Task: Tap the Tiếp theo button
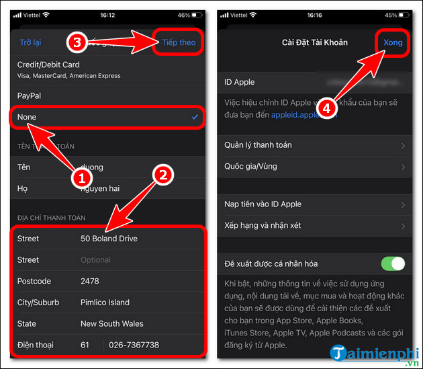click(x=178, y=42)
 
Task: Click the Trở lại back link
click(x=30, y=42)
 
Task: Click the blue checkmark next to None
click(x=195, y=117)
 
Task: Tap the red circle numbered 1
click(x=81, y=179)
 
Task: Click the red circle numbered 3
click(x=77, y=42)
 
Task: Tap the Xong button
click(x=393, y=42)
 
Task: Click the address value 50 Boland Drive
click(x=109, y=239)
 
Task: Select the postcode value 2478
click(x=90, y=281)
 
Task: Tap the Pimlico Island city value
click(x=105, y=302)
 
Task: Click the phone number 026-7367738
click(x=134, y=345)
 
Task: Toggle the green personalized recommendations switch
click(x=393, y=263)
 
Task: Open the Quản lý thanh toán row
click(x=258, y=145)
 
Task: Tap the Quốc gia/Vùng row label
click(x=250, y=166)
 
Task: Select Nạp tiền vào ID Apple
click(x=263, y=204)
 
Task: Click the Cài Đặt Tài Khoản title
click(x=314, y=42)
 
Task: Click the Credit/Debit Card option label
click(x=48, y=65)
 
